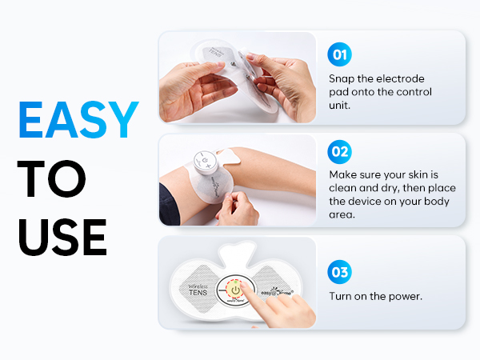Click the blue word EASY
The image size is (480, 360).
coord(78,120)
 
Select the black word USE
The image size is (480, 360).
coord(62,235)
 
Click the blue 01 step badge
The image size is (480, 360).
coord(340,55)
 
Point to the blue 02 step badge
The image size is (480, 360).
coord(340,151)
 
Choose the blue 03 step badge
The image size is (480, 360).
coord(340,272)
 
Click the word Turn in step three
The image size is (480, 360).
coord(342,296)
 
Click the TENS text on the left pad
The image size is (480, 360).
coord(198,294)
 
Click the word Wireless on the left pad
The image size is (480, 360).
coord(198,283)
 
